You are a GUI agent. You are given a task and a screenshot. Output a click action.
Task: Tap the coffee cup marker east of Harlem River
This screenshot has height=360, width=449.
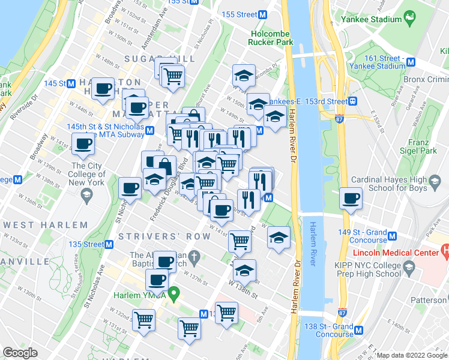(x=351, y=198)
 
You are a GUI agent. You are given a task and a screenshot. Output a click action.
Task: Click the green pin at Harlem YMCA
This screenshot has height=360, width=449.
(x=174, y=293)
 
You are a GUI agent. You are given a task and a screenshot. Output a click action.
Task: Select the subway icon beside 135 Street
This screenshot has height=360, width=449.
(x=110, y=244)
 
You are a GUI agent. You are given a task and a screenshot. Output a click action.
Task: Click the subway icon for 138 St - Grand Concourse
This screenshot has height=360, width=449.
(x=359, y=330)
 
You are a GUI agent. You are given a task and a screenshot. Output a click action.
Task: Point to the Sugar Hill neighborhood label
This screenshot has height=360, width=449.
(x=160, y=58)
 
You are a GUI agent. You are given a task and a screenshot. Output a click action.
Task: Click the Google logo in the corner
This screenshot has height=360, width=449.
(x=20, y=353)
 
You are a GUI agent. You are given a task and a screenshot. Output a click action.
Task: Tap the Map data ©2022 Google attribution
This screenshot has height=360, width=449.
(x=411, y=355)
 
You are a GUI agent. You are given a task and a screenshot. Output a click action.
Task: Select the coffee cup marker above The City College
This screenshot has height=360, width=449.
(x=83, y=144)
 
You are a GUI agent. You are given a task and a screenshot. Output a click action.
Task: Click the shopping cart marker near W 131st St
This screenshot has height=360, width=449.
(x=144, y=320)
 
